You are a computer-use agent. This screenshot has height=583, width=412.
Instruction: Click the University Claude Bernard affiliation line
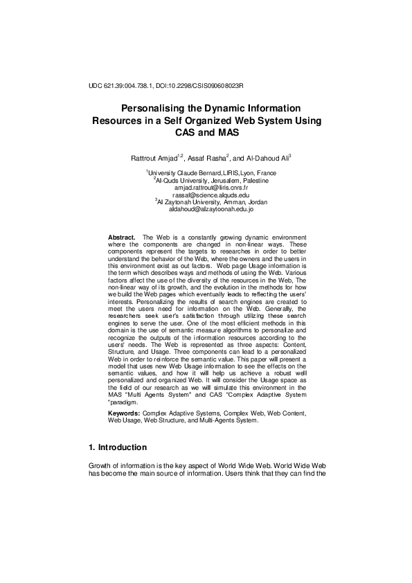click(x=212, y=172)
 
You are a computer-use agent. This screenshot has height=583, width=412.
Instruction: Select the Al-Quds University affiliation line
click(x=212, y=180)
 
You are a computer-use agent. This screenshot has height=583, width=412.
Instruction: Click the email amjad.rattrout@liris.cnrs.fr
click(x=212, y=188)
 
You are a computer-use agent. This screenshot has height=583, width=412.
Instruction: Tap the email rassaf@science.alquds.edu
click(x=212, y=195)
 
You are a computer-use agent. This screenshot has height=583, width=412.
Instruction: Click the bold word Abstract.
click(x=122, y=237)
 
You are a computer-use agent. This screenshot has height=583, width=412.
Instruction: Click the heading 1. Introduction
click(x=118, y=447)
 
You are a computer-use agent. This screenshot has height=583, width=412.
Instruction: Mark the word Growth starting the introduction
click(x=101, y=466)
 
